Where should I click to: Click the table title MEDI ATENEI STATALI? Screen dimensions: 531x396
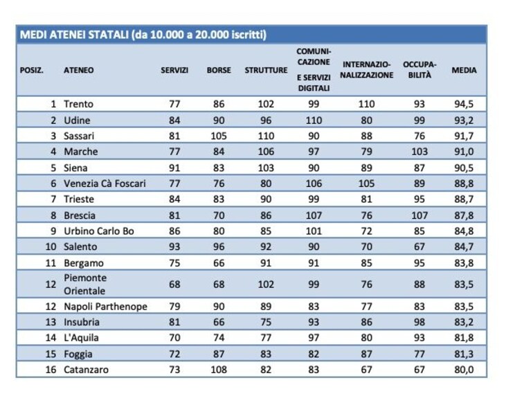tap(75, 35)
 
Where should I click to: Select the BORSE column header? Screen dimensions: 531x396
tap(219, 70)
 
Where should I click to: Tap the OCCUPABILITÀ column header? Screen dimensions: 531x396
tap(420, 70)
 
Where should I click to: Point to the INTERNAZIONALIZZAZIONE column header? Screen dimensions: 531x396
tap(367, 70)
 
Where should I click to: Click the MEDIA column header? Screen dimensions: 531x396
tap(464, 70)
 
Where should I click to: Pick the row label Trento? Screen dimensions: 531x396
tap(78, 104)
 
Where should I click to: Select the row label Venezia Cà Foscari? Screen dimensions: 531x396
tap(105, 183)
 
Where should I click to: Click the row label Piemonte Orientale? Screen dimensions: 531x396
tap(85, 285)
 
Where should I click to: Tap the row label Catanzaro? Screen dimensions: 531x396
tap(86, 370)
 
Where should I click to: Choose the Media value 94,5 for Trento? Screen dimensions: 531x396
tap(464, 104)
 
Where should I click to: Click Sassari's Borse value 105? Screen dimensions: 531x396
tap(219, 136)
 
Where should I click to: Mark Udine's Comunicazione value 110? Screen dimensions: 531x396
tap(314, 120)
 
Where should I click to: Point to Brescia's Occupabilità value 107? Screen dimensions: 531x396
tap(420, 215)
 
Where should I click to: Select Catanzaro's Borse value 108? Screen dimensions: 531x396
tap(219, 370)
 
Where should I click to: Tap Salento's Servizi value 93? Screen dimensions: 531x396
tap(174, 246)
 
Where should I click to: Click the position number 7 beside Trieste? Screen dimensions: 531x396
tap(53, 199)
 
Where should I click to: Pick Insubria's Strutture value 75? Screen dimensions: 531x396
tap(266, 322)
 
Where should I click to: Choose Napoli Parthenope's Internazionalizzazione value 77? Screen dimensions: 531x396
tap(366, 307)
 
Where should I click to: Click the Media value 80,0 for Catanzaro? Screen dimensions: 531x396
tap(464, 370)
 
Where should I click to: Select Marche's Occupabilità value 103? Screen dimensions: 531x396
tap(420, 152)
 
